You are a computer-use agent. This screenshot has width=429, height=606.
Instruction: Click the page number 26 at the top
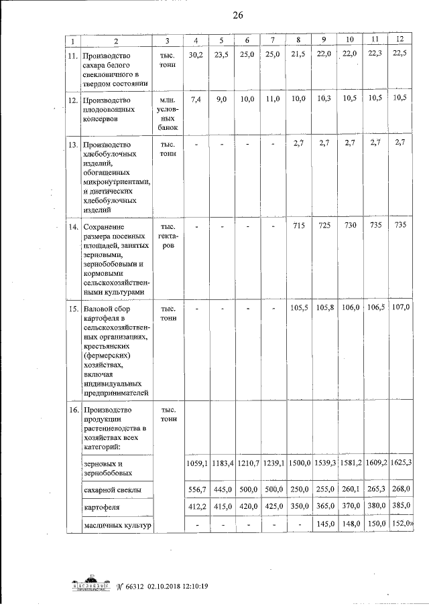click(x=237, y=17)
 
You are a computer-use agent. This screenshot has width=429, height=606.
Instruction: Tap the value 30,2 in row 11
click(x=195, y=54)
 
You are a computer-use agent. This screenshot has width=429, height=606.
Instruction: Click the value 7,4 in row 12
click(x=196, y=98)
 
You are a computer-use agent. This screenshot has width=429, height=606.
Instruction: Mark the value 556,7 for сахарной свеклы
click(x=196, y=490)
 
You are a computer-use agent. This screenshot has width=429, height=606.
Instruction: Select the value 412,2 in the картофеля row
click(x=196, y=508)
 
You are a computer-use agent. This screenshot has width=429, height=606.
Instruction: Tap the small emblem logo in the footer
click(x=91, y=584)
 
